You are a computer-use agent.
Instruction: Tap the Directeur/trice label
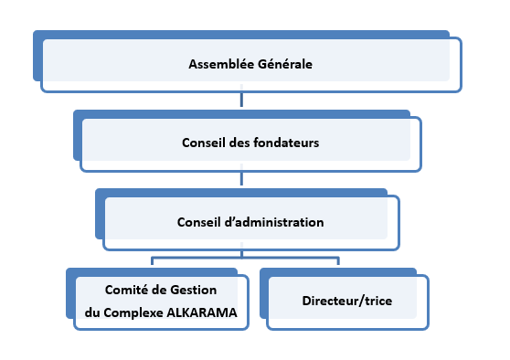[x=343, y=300]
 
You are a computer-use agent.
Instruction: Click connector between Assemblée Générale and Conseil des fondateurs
[x=241, y=101]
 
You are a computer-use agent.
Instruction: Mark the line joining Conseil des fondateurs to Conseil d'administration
[x=241, y=180]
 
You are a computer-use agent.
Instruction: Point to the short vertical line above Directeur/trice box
[x=338, y=263]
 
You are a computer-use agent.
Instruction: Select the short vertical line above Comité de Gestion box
[x=150, y=263]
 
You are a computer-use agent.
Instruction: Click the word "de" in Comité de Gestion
[x=164, y=291]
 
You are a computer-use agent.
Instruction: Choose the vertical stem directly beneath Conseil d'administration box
[x=241, y=253]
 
